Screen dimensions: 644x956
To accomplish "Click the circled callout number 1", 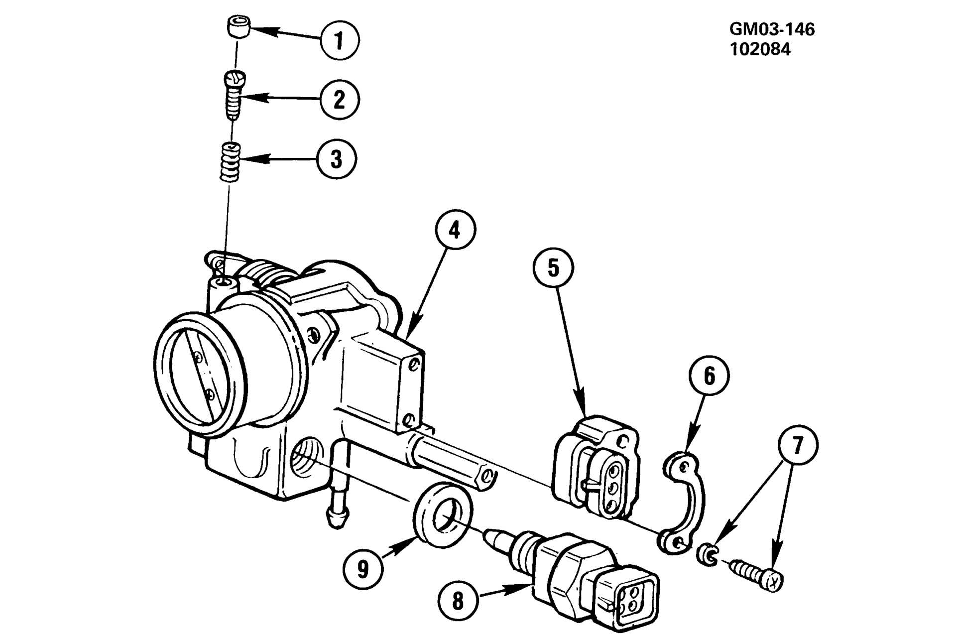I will click(340, 40).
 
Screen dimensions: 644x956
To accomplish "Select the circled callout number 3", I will click(337, 159).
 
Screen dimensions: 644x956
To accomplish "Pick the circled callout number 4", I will click(455, 230).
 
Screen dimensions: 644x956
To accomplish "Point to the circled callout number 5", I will click(553, 268).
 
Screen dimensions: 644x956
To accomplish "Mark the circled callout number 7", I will click(798, 445).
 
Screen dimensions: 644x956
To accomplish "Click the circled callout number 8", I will click(458, 601).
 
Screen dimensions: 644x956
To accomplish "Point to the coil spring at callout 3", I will click(231, 162).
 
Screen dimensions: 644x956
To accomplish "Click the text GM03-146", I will click(772, 29).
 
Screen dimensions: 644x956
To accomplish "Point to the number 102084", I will click(760, 49).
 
